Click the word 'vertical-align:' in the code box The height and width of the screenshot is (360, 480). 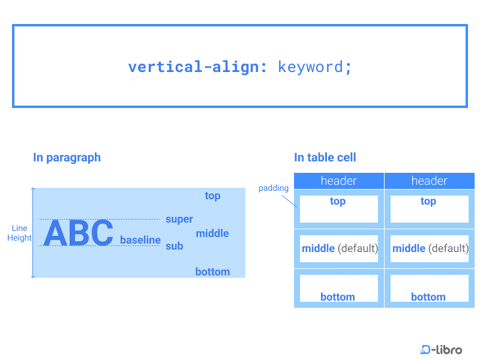tap(197, 67)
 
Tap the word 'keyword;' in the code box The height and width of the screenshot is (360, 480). tap(314, 67)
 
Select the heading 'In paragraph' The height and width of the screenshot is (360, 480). tap(67, 158)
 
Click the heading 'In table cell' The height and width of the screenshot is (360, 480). tap(325, 158)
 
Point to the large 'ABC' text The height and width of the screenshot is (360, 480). tap(79, 233)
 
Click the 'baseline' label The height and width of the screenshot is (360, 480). tap(140, 240)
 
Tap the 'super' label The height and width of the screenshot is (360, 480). tap(179, 220)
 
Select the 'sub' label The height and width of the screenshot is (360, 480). tap(175, 246)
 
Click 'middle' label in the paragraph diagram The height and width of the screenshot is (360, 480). tap(212, 233)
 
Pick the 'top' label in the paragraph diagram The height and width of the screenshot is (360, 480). tap(212, 196)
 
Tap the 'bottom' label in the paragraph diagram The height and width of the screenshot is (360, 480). tap(212, 272)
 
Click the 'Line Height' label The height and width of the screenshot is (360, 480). tap(19, 233)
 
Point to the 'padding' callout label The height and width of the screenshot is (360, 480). tap(274, 188)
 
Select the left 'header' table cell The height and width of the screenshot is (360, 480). tap(339, 181)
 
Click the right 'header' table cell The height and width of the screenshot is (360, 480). tap(430, 181)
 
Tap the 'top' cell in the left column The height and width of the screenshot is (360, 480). tap(338, 209)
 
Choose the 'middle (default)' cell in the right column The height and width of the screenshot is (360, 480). tap(430, 248)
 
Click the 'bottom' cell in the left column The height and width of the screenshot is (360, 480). tap(338, 289)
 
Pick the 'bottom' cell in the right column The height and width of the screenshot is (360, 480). tap(429, 289)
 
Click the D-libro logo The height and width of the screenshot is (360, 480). tap(441, 349)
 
